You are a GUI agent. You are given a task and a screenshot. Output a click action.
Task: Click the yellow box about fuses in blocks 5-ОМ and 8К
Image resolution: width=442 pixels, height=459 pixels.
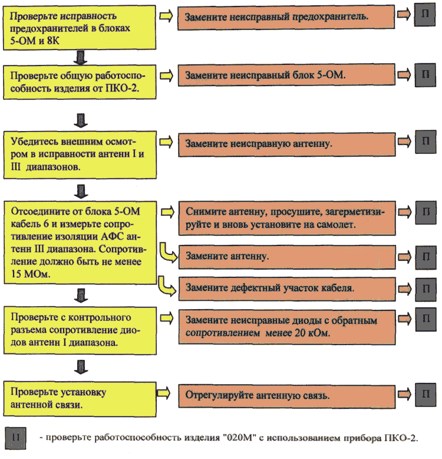(79, 28)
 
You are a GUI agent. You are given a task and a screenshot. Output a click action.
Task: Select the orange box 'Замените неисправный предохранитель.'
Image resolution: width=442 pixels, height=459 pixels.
(286, 17)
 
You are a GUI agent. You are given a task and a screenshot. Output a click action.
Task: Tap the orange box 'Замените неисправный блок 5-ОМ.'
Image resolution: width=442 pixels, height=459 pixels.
(286, 76)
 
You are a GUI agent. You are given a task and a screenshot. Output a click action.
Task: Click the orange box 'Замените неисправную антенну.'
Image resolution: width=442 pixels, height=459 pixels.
(287, 145)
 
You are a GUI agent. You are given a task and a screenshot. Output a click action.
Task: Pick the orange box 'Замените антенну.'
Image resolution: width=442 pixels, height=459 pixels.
(287, 257)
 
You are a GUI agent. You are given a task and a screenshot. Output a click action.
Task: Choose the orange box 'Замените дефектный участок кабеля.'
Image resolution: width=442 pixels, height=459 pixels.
(287, 289)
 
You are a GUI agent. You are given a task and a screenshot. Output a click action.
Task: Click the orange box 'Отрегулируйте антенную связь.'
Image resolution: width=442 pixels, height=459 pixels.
(287, 396)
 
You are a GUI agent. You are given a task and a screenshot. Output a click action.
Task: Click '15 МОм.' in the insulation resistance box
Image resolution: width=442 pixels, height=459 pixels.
(31, 274)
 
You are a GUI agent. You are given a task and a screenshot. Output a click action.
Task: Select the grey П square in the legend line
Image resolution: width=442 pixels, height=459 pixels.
(15, 438)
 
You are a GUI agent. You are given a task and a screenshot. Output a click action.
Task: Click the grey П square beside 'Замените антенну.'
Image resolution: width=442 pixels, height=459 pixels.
(426, 257)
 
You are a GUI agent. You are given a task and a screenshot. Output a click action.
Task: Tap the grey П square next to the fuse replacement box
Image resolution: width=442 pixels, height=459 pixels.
(425, 15)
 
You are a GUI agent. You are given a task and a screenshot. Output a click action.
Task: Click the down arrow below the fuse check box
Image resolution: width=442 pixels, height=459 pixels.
(80, 58)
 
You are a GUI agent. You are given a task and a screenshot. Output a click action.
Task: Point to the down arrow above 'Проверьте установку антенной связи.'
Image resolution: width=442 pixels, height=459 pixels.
(81, 367)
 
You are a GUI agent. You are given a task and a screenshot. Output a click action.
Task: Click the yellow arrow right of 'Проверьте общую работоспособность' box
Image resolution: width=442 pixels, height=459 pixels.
(166, 76)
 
